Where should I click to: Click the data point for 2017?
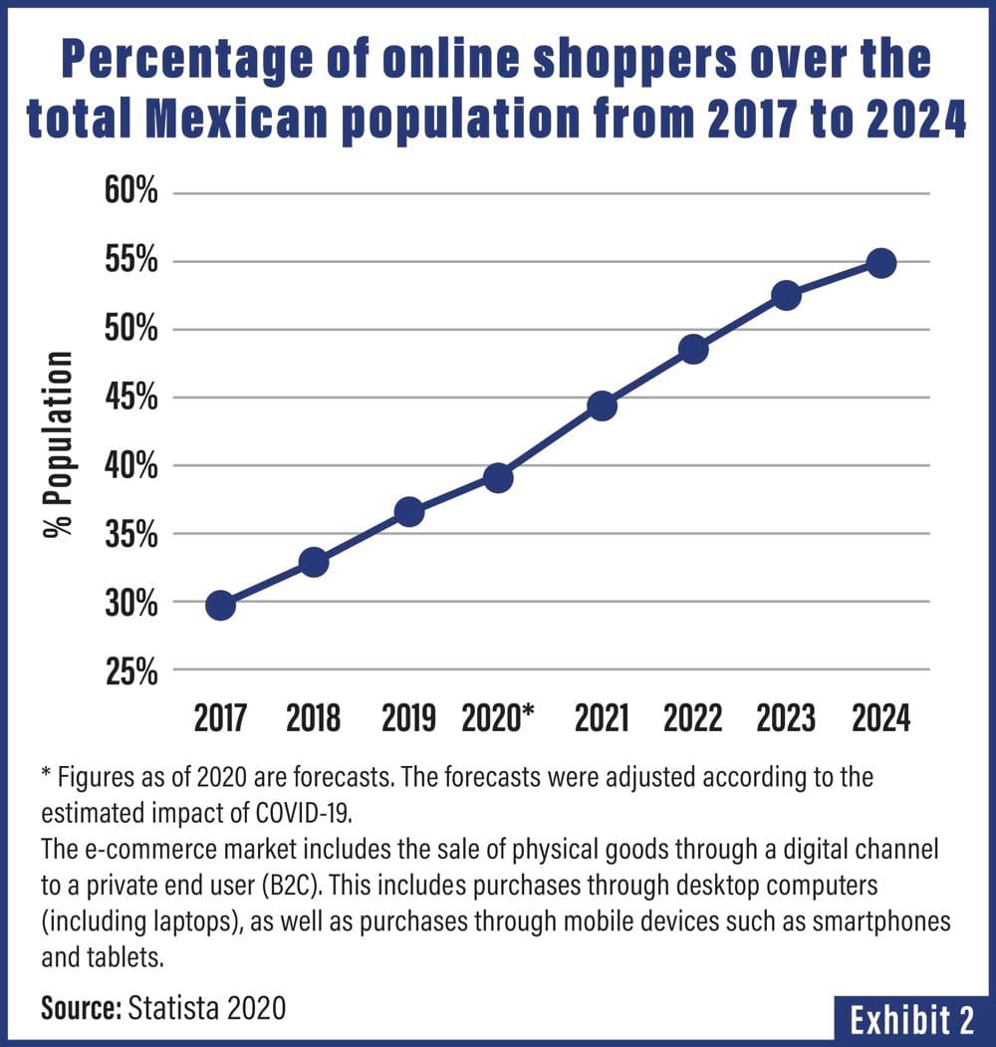coord(220,605)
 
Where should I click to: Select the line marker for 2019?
coord(408,512)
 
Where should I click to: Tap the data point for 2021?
coord(602,405)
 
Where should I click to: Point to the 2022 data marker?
coord(693,349)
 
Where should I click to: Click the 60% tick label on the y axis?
coord(131,193)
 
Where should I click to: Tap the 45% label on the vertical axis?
coord(131,398)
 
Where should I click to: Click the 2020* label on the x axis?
coord(499,718)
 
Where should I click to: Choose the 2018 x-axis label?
coord(313,718)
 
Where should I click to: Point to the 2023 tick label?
coord(786,718)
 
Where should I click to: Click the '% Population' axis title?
coord(59,444)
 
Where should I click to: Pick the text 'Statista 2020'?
coord(206,1007)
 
